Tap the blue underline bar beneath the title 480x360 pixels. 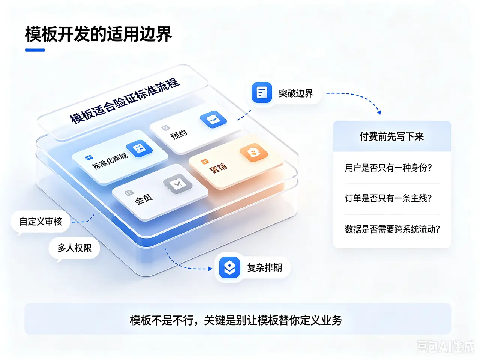click(x=35, y=50)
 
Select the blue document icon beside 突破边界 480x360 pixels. click(x=262, y=92)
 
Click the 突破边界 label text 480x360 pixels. click(x=296, y=93)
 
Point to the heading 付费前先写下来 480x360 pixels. click(x=391, y=136)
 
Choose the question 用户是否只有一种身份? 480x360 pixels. click(x=388, y=168)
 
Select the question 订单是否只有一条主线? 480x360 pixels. click(x=388, y=198)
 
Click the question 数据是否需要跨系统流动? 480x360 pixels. click(x=392, y=229)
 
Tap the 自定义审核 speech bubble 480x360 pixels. click(x=40, y=222)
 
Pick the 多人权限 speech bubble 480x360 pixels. click(x=74, y=248)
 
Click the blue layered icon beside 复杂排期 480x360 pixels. click(x=229, y=267)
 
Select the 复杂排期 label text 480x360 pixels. click(x=265, y=267)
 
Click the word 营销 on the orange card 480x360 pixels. click(x=218, y=168)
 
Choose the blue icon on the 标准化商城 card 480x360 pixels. click(x=139, y=148)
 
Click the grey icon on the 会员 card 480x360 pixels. click(x=178, y=184)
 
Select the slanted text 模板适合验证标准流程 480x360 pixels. click(x=125, y=101)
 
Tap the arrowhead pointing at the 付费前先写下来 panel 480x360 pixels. click(x=379, y=112)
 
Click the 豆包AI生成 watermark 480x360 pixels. click(x=445, y=346)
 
